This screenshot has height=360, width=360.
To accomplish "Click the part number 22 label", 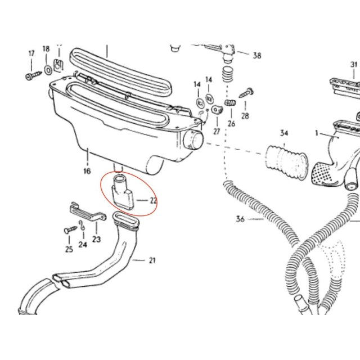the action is (x=154, y=200).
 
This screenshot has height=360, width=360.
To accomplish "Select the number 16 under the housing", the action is (x=87, y=171).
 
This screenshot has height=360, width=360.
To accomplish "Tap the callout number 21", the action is (x=152, y=260).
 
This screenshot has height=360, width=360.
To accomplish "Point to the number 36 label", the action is (x=240, y=219).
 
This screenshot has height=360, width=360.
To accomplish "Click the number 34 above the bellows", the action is (x=284, y=133).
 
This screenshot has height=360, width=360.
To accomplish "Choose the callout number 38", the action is (x=257, y=55).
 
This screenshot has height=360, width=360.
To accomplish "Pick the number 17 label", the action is (x=31, y=53).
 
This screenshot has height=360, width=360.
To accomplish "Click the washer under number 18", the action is (x=48, y=70).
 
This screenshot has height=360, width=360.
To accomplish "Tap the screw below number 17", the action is (x=33, y=75).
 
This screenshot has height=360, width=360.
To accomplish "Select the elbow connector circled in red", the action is (x=123, y=193).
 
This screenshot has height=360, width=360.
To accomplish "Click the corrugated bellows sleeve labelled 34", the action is (x=286, y=161).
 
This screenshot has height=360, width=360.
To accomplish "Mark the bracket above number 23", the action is (x=88, y=212).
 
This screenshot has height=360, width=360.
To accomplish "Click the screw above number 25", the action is (x=70, y=229).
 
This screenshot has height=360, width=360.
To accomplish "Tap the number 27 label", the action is (x=217, y=132).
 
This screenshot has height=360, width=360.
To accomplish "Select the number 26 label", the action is (x=231, y=124).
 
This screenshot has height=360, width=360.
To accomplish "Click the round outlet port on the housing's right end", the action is (x=193, y=140).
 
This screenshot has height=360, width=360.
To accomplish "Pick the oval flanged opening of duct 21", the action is (x=126, y=220).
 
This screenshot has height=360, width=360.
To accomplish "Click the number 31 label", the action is (x=354, y=65).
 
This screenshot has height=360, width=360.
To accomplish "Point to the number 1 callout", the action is (x=317, y=133).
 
